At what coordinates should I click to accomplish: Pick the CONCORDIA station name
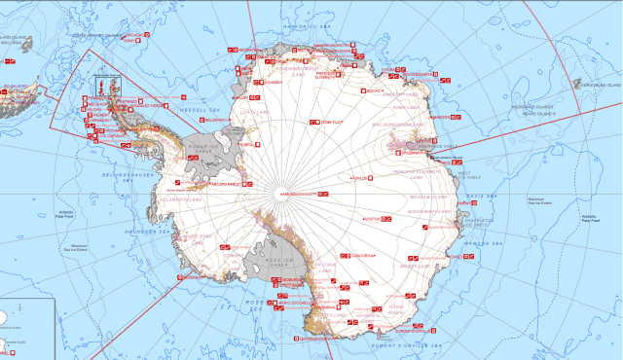362,255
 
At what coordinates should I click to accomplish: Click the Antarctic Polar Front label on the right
590,218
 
